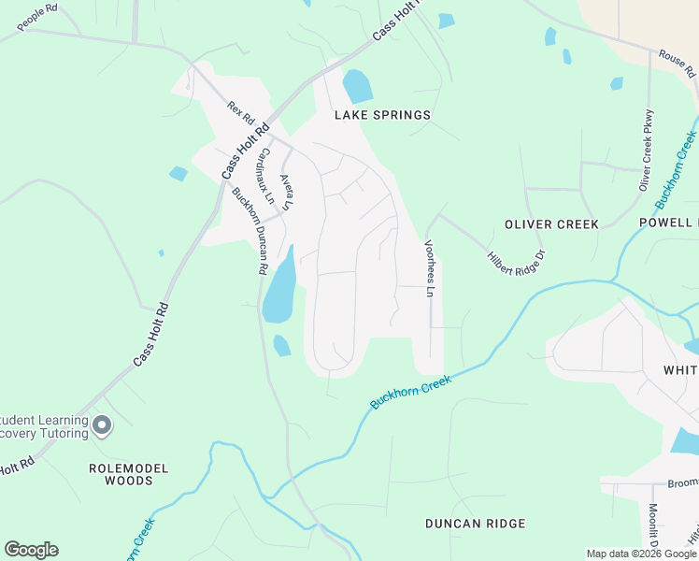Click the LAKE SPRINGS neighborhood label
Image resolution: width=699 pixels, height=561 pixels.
(x=383, y=115)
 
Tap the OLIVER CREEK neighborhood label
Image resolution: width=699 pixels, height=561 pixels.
(x=550, y=224)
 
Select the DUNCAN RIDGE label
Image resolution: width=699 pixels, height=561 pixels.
(x=476, y=524)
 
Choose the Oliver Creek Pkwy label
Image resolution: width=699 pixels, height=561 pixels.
(x=645, y=149)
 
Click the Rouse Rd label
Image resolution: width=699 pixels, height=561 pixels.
(x=678, y=64)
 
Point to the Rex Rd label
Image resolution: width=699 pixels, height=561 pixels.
(x=241, y=114)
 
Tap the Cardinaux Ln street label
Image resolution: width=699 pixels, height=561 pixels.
(x=266, y=177)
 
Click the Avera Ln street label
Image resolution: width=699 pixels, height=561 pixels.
(x=287, y=191)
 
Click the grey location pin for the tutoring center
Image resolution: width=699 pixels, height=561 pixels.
(x=103, y=426)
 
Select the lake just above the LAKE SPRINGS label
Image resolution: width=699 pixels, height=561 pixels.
(x=357, y=86)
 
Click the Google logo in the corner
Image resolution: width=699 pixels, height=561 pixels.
(x=31, y=550)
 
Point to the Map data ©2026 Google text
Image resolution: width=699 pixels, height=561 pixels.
(x=641, y=554)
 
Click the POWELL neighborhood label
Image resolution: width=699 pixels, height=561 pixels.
(x=668, y=223)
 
